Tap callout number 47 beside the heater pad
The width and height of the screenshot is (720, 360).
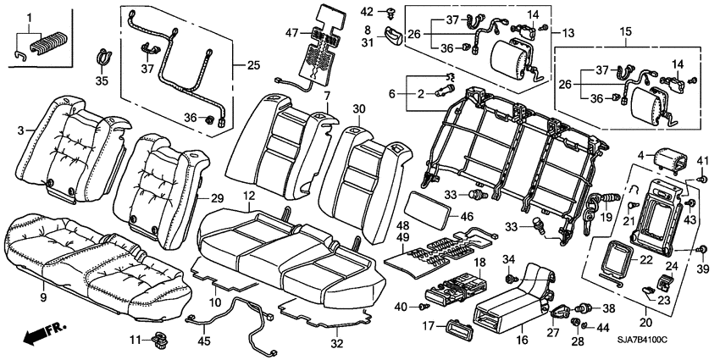point(292,32)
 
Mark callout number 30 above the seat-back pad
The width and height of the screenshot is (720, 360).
point(358,108)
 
